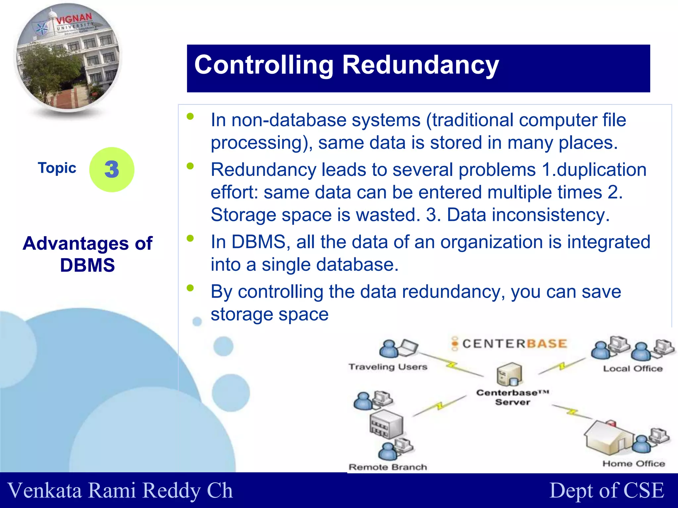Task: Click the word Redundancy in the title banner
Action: click(x=420, y=65)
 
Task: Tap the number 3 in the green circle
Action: click(x=112, y=169)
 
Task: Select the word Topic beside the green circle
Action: click(x=57, y=168)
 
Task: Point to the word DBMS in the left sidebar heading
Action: click(x=87, y=265)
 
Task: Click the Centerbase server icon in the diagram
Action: click(x=509, y=374)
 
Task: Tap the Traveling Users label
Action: click(x=388, y=367)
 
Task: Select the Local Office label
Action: click(x=633, y=368)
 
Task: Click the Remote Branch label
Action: click(x=388, y=467)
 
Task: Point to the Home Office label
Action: click(x=633, y=464)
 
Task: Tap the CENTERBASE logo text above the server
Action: click(x=514, y=344)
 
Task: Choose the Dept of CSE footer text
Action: click(x=606, y=490)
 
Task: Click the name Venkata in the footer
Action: click(x=45, y=490)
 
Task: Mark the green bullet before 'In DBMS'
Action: click(x=190, y=238)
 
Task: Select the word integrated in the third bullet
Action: click(x=608, y=242)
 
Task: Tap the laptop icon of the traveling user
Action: click(x=409, y=347)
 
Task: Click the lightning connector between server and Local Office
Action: click(x=562, y=366)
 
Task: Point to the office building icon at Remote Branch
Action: click(x=386, y=424)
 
